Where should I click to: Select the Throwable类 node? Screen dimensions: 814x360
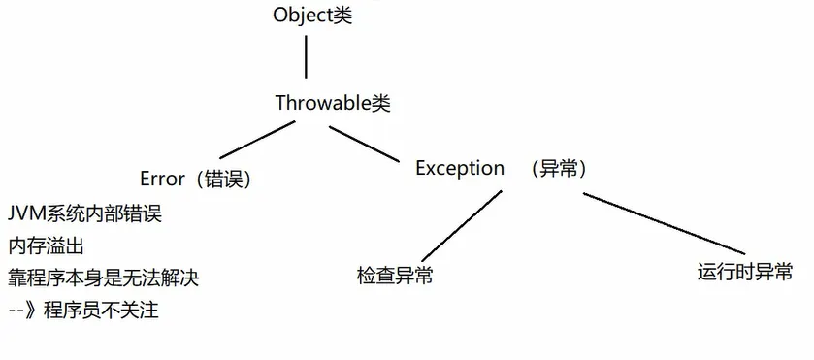pos(333,103)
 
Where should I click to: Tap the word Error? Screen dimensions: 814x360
pos(162,179)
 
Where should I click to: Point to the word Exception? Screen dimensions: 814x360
pos(460,168)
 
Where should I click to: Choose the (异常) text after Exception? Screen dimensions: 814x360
pos(559,168)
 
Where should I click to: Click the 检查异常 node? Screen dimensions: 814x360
pos(395,276)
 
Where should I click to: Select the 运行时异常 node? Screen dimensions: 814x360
pos(744,271)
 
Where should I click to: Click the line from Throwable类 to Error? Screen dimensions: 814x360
pos(250,142)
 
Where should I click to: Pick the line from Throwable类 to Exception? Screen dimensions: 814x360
pos(368,141)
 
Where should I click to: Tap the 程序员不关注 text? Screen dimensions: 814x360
pos(114,311)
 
